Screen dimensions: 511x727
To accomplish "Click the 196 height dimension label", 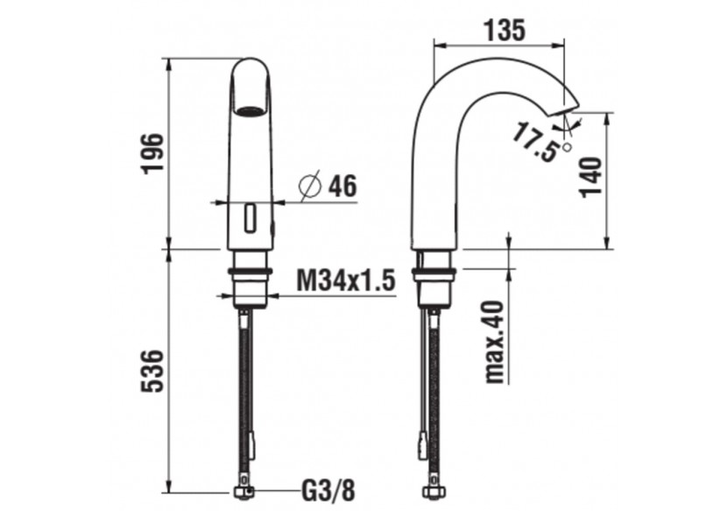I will click(152, 153).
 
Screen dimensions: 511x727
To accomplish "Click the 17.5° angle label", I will click(535, 142).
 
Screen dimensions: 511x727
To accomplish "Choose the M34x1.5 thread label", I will click(344, 280).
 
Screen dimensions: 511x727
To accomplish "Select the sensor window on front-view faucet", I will click(251, 217).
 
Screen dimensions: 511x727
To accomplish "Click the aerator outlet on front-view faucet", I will click(251, 111).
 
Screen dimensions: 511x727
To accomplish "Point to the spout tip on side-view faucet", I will click(566, 109).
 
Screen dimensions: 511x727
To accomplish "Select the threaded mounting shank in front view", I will click(251, 278).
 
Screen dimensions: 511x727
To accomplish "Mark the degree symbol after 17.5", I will click(567, 147).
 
